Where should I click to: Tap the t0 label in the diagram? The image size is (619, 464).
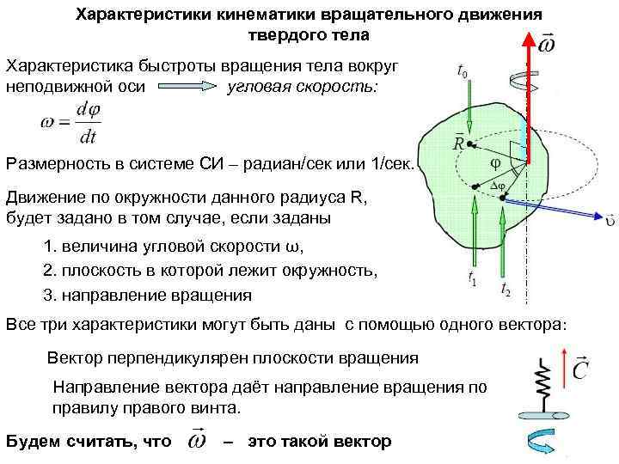[463, 72]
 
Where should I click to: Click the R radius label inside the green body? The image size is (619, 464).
[459, 143]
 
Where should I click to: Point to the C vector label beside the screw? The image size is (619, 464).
[579, 369]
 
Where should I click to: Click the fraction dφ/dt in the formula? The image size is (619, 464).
[87, 123]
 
